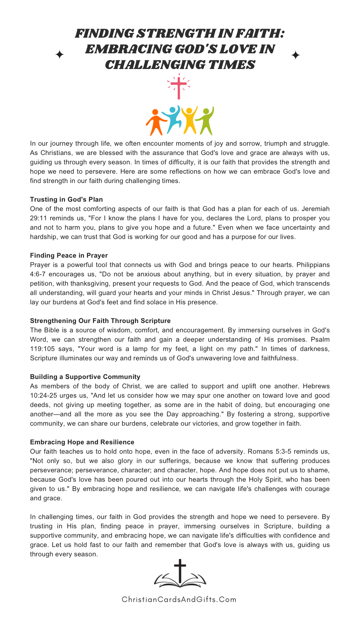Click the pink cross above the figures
[179, 87]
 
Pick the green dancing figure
[206, 121]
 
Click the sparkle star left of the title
[60, 55]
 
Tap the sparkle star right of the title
[296, 55]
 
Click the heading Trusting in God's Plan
[66, 199]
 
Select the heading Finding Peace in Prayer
[69, 255]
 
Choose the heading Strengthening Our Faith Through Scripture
[100, 321]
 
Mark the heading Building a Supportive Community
[85, 377]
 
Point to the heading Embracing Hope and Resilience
[82, 442]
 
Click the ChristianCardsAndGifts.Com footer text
[179, 599]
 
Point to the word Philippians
[313, 265]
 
